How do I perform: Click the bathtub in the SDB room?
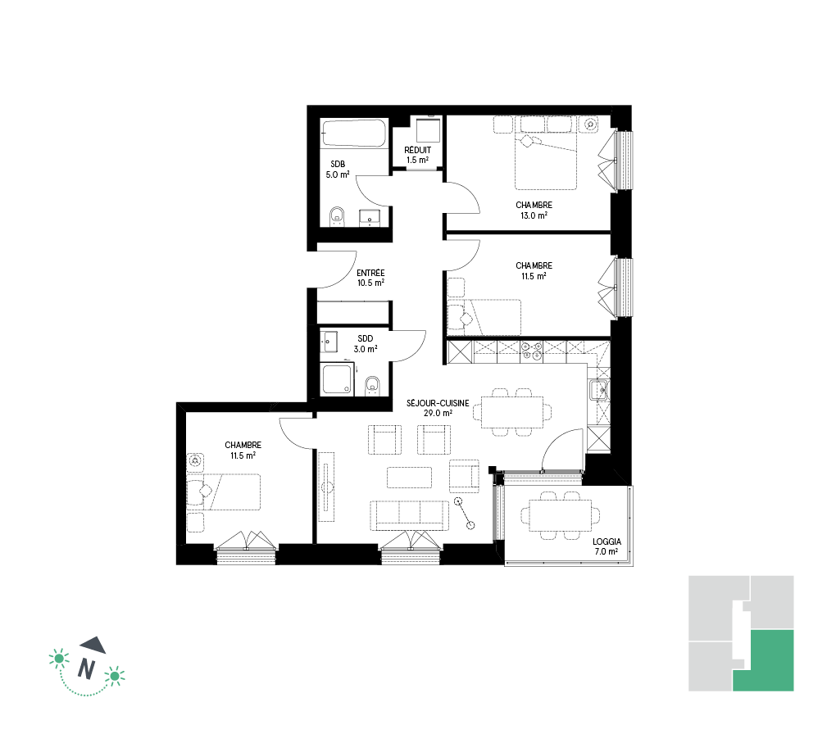click(353, 133)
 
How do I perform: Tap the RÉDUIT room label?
click(417, 150)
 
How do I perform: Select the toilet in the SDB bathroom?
click(337, 216)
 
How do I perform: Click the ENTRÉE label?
click(370, 273)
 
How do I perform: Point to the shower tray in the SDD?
click(337, 379)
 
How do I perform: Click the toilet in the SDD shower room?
click(372, 387)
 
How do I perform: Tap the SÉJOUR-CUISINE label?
click(438, 403)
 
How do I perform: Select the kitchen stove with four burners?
click(532, 351)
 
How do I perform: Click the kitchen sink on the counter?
click(599, 390)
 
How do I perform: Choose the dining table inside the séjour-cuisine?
click(511, 412)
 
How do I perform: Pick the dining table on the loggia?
click(560, 515)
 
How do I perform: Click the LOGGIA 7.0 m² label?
click(607, 546)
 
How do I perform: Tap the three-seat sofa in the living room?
click(409, 515)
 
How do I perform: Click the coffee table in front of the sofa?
click(409, 478)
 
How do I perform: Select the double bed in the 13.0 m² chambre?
click(546, 161)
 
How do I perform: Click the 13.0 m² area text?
click(534, 216)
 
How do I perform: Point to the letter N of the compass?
click(86, 668)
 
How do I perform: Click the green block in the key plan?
click(764, 660)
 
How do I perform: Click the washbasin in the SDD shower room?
click(329, 341)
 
